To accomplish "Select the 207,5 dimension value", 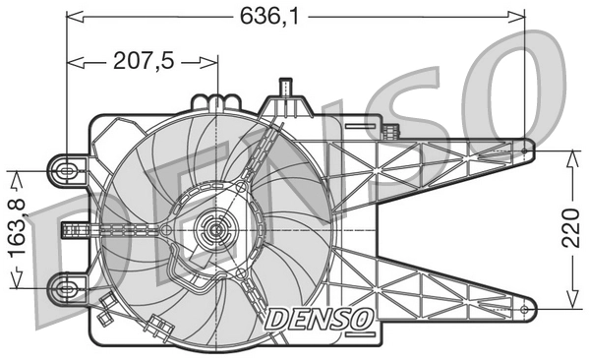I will click(144, 61).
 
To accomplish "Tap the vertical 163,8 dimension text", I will click(18, 228).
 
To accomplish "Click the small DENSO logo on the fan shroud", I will click(318, 317).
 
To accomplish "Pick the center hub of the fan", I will click(213, 233).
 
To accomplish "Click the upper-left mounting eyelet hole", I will click(67, 170).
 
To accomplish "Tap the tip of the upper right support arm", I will click(529, 150).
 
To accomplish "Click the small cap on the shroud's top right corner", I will click(391, 132).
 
